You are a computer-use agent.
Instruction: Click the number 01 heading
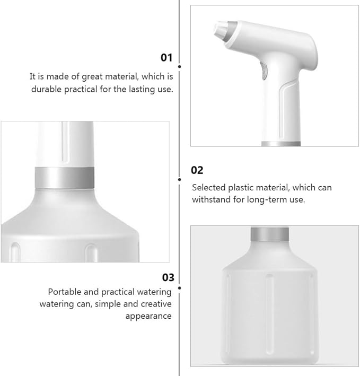coord(166,58)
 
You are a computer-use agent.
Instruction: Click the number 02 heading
coord(197,170)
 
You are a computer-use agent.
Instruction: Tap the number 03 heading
coord(168,277)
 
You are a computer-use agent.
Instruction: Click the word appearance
coord(148,316)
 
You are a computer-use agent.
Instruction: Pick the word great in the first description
coord(92,77)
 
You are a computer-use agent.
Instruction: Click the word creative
coord(156,304)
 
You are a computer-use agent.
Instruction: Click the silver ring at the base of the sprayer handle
coord(280,144)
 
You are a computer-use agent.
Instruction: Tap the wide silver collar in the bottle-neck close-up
coord(65,178)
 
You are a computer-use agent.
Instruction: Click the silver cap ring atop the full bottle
coord(270,234)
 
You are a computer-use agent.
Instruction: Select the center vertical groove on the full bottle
coord(270,314)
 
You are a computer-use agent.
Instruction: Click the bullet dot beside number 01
coord(180,66)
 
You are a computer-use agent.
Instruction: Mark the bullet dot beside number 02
coord(180,179)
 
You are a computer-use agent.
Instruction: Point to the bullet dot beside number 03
coord(180,288)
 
